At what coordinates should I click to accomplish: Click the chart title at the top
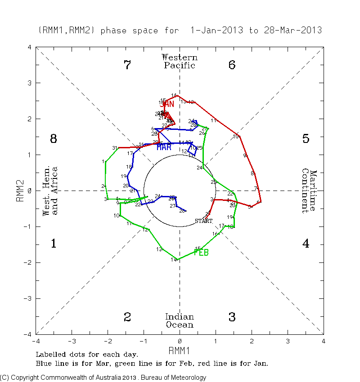click(180, 31)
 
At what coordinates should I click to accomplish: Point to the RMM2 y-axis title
click(20, 191)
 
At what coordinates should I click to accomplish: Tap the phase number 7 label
click(127, 65)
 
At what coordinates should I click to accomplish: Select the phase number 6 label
click(232, 65)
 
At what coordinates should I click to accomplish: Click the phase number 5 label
click(306, 139)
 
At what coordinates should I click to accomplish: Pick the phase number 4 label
click(306, 244)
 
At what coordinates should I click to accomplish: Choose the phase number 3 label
click(232, 317)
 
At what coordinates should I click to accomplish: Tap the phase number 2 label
click(127, 317)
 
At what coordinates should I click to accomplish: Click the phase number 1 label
click(54, 244)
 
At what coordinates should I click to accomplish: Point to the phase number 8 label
click(54, 139)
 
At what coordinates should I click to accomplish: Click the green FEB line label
click(201, 253)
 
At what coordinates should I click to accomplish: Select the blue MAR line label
click(164, 147)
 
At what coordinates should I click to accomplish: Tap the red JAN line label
click(167, 104)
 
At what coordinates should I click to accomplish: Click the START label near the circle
click(203, 221)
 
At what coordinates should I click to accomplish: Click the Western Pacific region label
click(180, 62)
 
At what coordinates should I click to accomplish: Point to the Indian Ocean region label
click(180, 321)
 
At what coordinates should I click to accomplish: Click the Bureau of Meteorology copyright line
click(103, 378)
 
